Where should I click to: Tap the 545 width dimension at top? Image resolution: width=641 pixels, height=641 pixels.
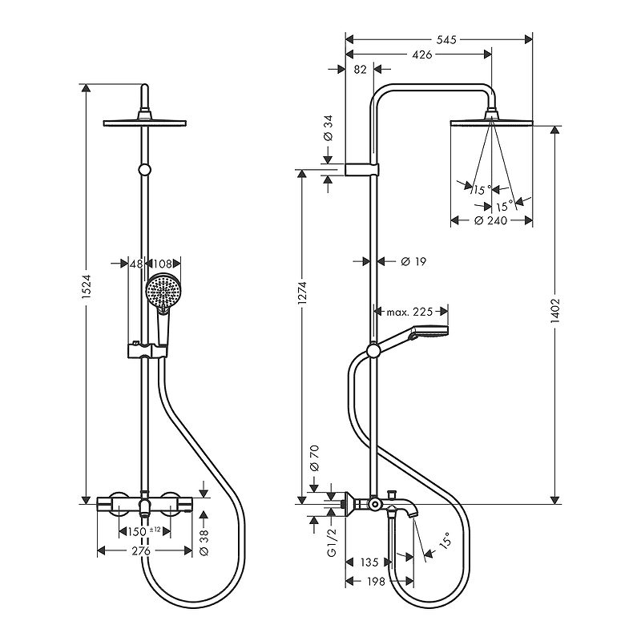coord(446,39)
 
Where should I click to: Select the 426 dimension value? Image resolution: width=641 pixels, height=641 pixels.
coord(422,54)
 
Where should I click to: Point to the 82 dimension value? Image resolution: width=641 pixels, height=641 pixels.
coord(360,70)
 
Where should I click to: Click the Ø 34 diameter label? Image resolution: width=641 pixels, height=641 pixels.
coord(329,128)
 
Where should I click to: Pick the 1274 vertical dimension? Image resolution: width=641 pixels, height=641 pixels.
coord(302,292)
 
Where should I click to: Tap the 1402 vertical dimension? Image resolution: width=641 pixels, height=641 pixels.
coord(554,311)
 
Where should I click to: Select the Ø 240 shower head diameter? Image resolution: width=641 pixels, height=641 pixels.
coord(490,221)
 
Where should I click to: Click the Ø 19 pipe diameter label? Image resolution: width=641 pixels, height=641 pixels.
coord(413,261)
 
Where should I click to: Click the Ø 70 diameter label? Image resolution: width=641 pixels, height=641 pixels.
coord(314,458)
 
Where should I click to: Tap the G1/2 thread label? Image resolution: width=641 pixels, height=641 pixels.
coord(332,542)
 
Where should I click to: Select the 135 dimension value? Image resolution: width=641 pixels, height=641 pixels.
coord(369,562)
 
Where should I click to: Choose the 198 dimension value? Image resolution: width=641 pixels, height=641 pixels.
coord(377,581)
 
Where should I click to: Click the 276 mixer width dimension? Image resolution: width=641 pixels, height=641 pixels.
coord(141,551)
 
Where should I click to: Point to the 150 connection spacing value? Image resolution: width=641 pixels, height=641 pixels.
coord(137,532)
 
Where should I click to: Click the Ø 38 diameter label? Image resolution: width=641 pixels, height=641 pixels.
coord(204,542)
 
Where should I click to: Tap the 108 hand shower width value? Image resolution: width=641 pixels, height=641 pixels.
coord(163,264)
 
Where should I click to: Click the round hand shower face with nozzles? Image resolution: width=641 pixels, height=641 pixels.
coord(163,292)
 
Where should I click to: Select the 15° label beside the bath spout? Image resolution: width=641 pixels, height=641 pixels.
coord(445,540)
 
